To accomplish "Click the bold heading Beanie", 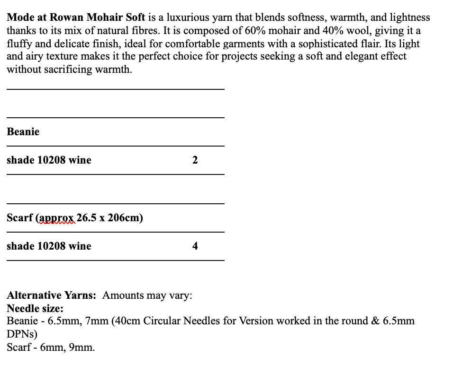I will (23, 132).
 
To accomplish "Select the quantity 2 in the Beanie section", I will (195, 160).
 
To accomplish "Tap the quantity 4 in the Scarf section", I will (195, 246).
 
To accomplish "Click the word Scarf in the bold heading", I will (20, 218).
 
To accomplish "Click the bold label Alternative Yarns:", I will (52, 295).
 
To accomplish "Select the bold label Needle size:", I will (35, 309).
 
